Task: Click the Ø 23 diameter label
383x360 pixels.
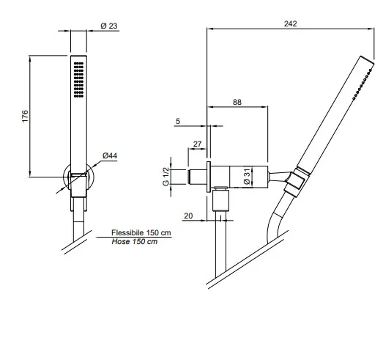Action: click(x=109, y=26)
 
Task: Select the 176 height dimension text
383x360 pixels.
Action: click(x=25, y=116)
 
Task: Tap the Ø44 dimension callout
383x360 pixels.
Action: click(x=110, y=155)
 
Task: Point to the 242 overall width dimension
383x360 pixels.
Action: click(x=291, y=23)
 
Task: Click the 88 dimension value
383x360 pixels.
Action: click(x=237, y=102)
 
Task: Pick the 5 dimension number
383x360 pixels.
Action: click(x=178, y=121)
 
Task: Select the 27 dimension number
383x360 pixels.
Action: click(x=198, y=144)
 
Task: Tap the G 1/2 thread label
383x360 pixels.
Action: click(x=166, y=176)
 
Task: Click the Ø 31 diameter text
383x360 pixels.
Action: click(x=248, y=176)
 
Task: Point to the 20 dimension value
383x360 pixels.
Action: click(x=188, y=216)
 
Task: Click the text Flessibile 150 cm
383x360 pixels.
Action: click(x=141, y=232)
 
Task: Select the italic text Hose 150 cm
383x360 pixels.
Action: click(x=135, y=242)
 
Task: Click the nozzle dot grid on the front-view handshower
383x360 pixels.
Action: click(x=78, y=80)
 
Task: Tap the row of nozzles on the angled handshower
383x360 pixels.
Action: click(x=362, y=84)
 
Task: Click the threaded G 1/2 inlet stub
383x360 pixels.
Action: click(x=197, y=177)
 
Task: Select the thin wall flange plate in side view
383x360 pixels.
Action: click(x=209, y=177)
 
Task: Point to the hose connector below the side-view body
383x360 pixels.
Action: click(x=221, y=199)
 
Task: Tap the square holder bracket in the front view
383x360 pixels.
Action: click(x=78, y=185)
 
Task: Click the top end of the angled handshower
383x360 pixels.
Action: click(x=367, y=60)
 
